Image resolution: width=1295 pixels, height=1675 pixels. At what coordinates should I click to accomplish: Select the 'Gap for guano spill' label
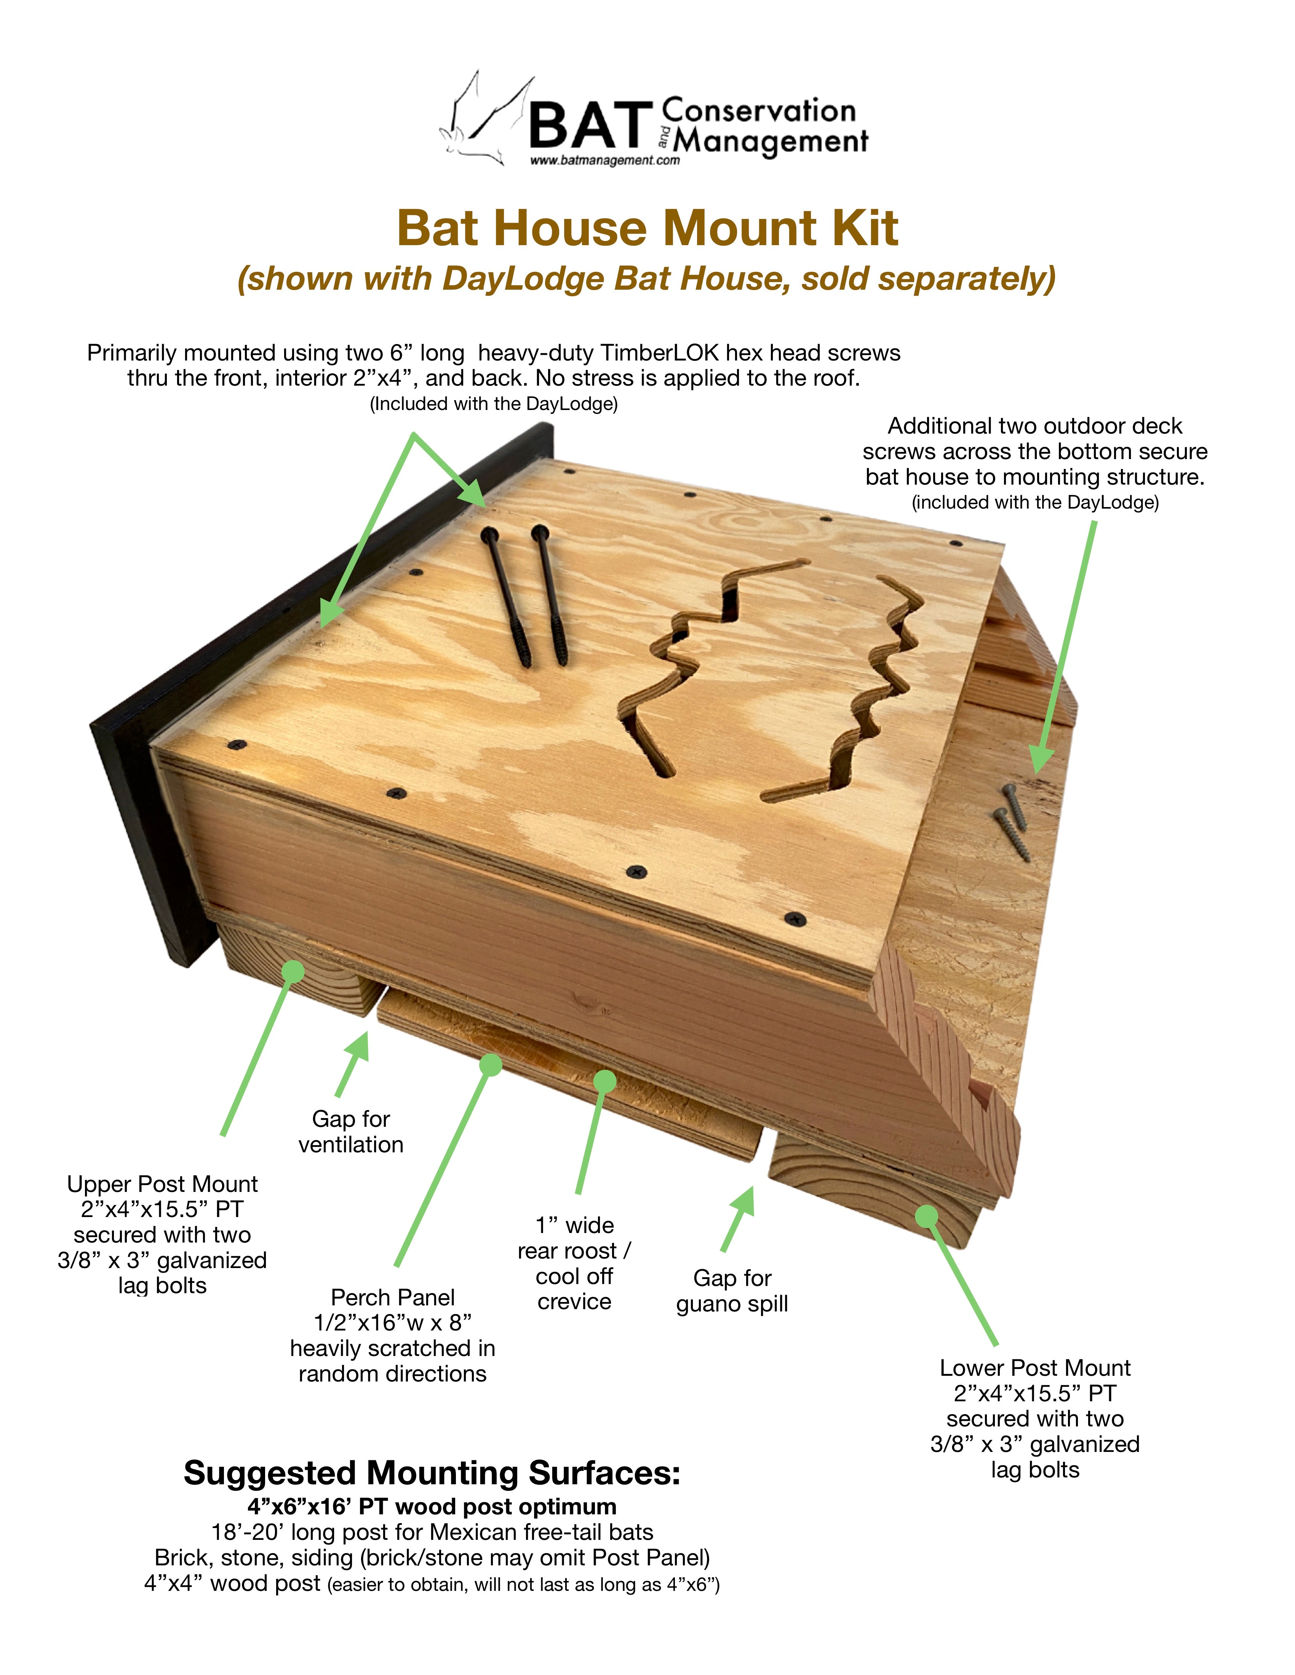(732, 1291)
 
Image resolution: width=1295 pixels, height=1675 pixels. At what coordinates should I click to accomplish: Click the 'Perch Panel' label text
(393, 1297)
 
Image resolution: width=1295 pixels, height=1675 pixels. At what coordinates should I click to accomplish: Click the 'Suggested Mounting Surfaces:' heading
(432, 1473)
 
